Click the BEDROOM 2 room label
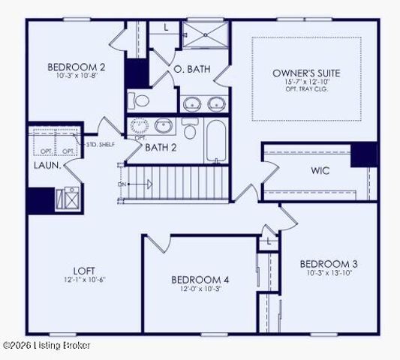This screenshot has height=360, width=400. click(76, 66)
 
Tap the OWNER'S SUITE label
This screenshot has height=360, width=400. click(306, 73)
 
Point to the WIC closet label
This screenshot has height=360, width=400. click(320, 171)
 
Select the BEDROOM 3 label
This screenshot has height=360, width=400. click(329, 263)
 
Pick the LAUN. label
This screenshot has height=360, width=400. click(46, 164)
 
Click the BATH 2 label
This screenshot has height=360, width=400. click(161, 147)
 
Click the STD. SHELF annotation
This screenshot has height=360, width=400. click(100, 144)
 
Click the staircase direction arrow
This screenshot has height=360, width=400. click(143, 183)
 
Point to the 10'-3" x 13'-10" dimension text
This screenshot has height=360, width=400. click(329, 273)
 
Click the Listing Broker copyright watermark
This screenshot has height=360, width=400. click(47, 345)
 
